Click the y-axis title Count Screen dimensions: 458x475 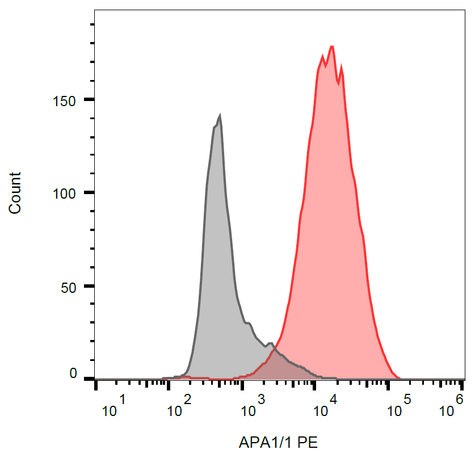[x=15, y=193]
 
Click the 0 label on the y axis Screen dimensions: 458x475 [x=73, y=373]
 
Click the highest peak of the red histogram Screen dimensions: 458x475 [x=331, y=47]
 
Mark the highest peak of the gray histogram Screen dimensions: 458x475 [x=220, y=115]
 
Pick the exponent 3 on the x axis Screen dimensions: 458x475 [x=261, y=400]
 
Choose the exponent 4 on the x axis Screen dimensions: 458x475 [x=334, y=400]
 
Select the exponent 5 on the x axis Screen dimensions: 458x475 [x=406, y=400]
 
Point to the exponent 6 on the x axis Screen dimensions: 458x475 [x=460, y=400]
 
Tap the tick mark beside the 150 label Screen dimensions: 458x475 [x=89, y=100]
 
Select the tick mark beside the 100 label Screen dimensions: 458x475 [x=89, y=193]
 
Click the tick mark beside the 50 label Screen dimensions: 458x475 [x=89, y=286]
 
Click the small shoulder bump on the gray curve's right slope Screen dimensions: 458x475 [x=249, y=323]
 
